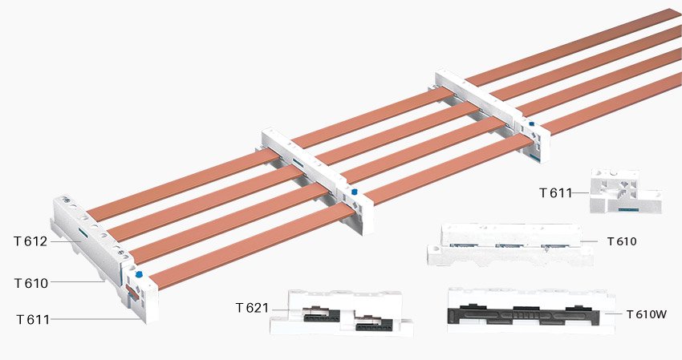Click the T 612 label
(x=30, y=241)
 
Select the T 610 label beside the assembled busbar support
(x=31, y=284)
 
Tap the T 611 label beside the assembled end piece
(x=33, y=320)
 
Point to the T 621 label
(x=252, y=308)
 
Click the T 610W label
(x=647, y=314)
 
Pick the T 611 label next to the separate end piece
(x=555, y=192)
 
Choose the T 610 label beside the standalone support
(x=622, y=241)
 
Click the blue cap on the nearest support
(x=139, y=274)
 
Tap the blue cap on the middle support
(x=354, y=191)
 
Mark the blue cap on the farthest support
(x=531, y=124)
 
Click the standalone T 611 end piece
(x=625, y=192)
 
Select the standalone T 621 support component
(x=341, y=313)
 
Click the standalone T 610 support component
(x=509, y=245)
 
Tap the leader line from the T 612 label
(x=65, y=241)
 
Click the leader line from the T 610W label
(x=613, y=313)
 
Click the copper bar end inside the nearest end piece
(x=132, y=292)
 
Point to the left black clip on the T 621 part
(x=321, y=314)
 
